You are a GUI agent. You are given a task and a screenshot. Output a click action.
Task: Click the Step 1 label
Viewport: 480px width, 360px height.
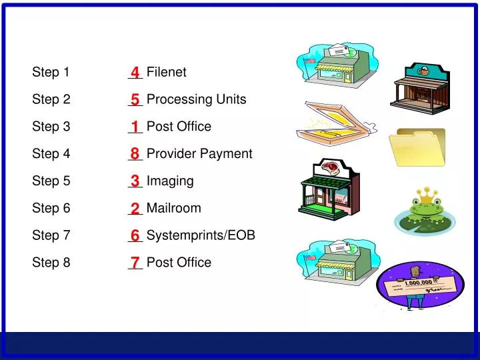(51, 72)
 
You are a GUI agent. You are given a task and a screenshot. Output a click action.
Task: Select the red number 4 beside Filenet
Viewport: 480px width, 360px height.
(135, 72)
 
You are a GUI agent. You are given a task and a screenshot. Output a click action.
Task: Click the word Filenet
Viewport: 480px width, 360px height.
(166, 72)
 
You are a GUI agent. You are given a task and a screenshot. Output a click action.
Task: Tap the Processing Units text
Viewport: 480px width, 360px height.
(196, 99)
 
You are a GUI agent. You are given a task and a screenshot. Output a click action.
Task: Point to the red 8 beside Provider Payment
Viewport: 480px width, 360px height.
(135, 154)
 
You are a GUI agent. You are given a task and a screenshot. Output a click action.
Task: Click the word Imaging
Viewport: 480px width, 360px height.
(170, 181)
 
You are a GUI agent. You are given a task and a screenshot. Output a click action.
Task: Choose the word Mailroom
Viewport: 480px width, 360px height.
(173, 208)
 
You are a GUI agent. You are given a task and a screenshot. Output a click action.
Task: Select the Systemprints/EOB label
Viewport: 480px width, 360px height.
(201, 235)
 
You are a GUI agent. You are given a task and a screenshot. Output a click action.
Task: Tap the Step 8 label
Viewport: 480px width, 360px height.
(51, 263)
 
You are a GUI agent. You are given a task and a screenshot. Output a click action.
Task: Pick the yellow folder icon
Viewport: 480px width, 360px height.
(417, 147)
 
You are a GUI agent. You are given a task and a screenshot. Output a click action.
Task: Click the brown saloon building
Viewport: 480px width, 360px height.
(418, 85)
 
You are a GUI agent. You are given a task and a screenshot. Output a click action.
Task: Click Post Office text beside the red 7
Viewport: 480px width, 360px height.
(179, 263)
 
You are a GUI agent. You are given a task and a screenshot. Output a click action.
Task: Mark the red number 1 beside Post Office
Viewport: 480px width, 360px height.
(135, 127)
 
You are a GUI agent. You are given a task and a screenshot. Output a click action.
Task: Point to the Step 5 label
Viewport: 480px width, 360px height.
(51, 181)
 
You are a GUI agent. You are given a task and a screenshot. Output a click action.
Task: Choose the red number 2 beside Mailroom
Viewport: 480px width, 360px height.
(135, 209)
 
